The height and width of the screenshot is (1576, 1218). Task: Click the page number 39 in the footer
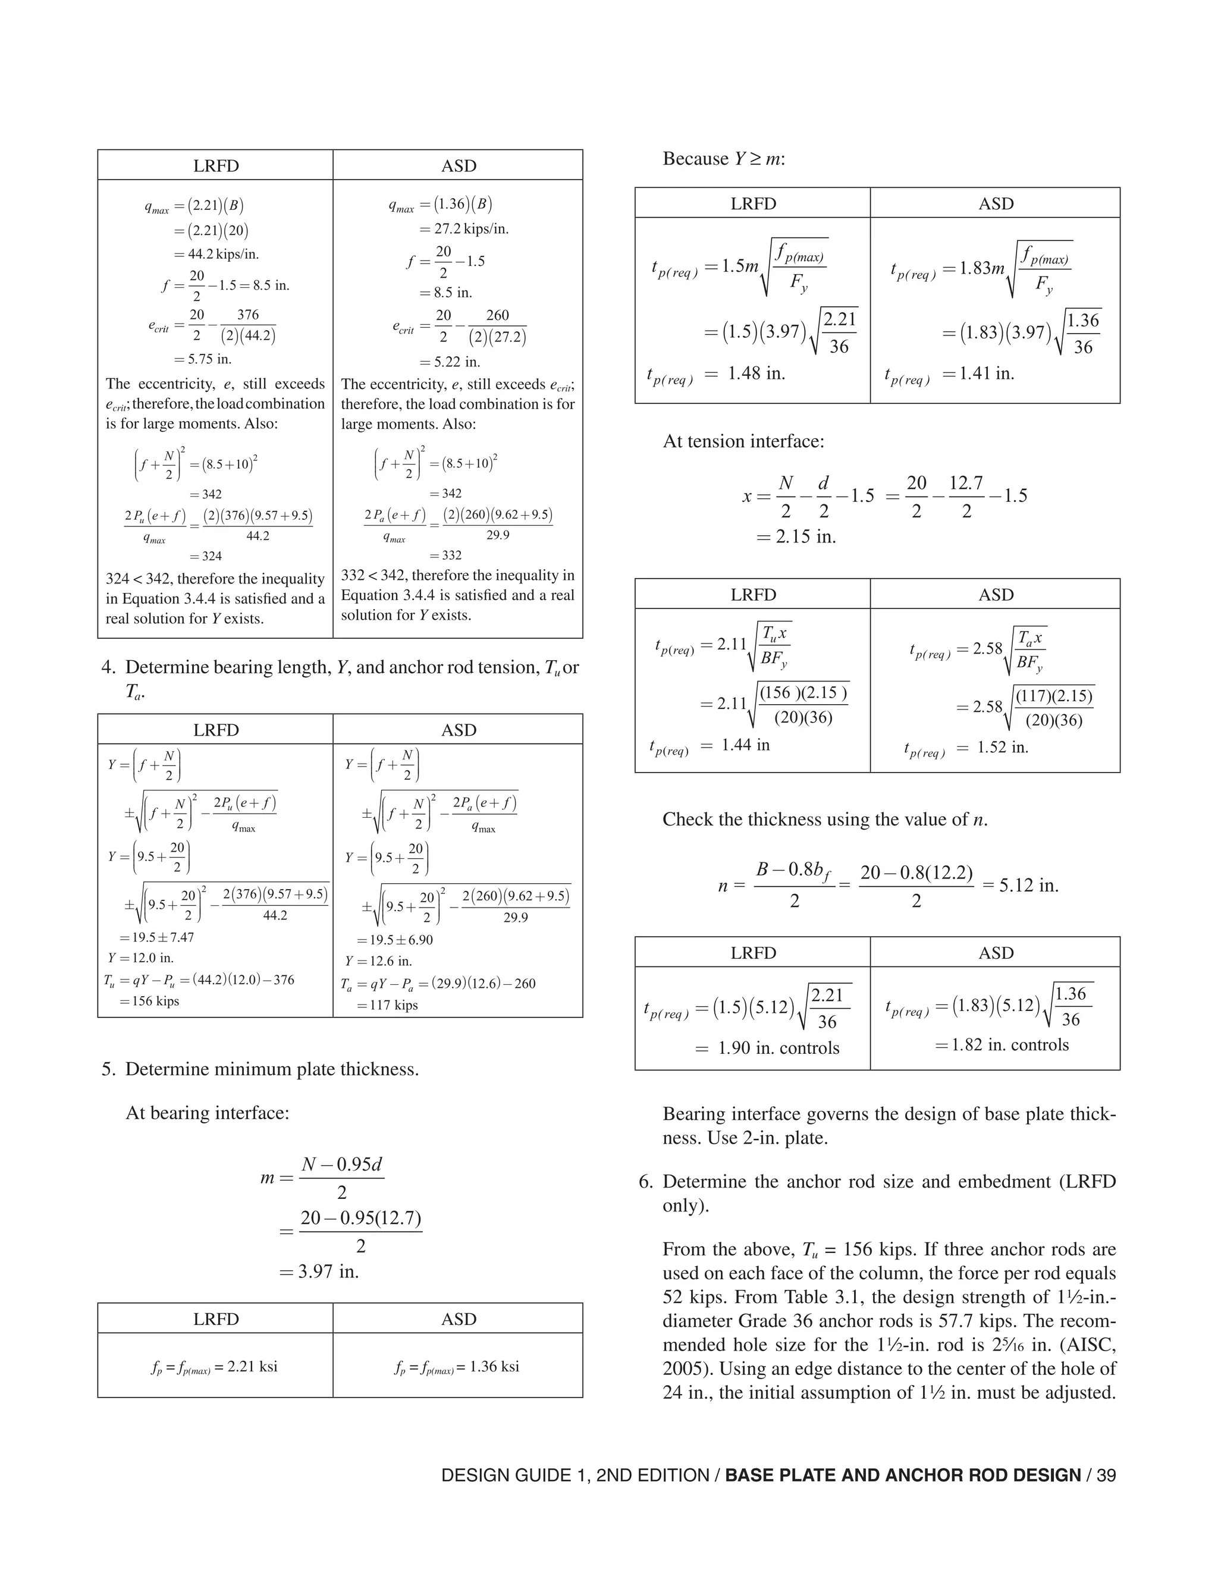click(x=1106, y=1475)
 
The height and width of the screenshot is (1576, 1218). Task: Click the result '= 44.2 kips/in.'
click(x=216, y=254)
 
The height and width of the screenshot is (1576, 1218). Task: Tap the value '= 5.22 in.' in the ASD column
click(x=450, y=362)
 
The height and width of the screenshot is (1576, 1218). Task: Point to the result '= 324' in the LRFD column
click(x=206, y=555)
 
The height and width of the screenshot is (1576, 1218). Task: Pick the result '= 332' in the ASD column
click(x=445, y=555)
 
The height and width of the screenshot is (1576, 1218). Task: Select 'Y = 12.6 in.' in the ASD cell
click(x=378, y=961)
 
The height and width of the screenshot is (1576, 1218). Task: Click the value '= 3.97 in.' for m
click(x=319, y=1271)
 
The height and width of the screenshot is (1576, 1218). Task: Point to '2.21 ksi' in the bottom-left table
click(x=253, y=1367)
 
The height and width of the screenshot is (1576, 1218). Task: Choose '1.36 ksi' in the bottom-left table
click(x=494, y=1367)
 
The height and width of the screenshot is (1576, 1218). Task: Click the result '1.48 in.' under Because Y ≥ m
click(x=756, y=373)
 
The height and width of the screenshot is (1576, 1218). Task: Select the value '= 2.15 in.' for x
click(x=796, y=536)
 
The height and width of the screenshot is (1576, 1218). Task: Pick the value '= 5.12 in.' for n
click(x=1021, y=886)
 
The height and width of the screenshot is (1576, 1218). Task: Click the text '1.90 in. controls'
click(x=778, y=1048)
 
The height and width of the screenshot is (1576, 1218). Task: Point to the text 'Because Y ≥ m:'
click(x=724, y=159)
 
